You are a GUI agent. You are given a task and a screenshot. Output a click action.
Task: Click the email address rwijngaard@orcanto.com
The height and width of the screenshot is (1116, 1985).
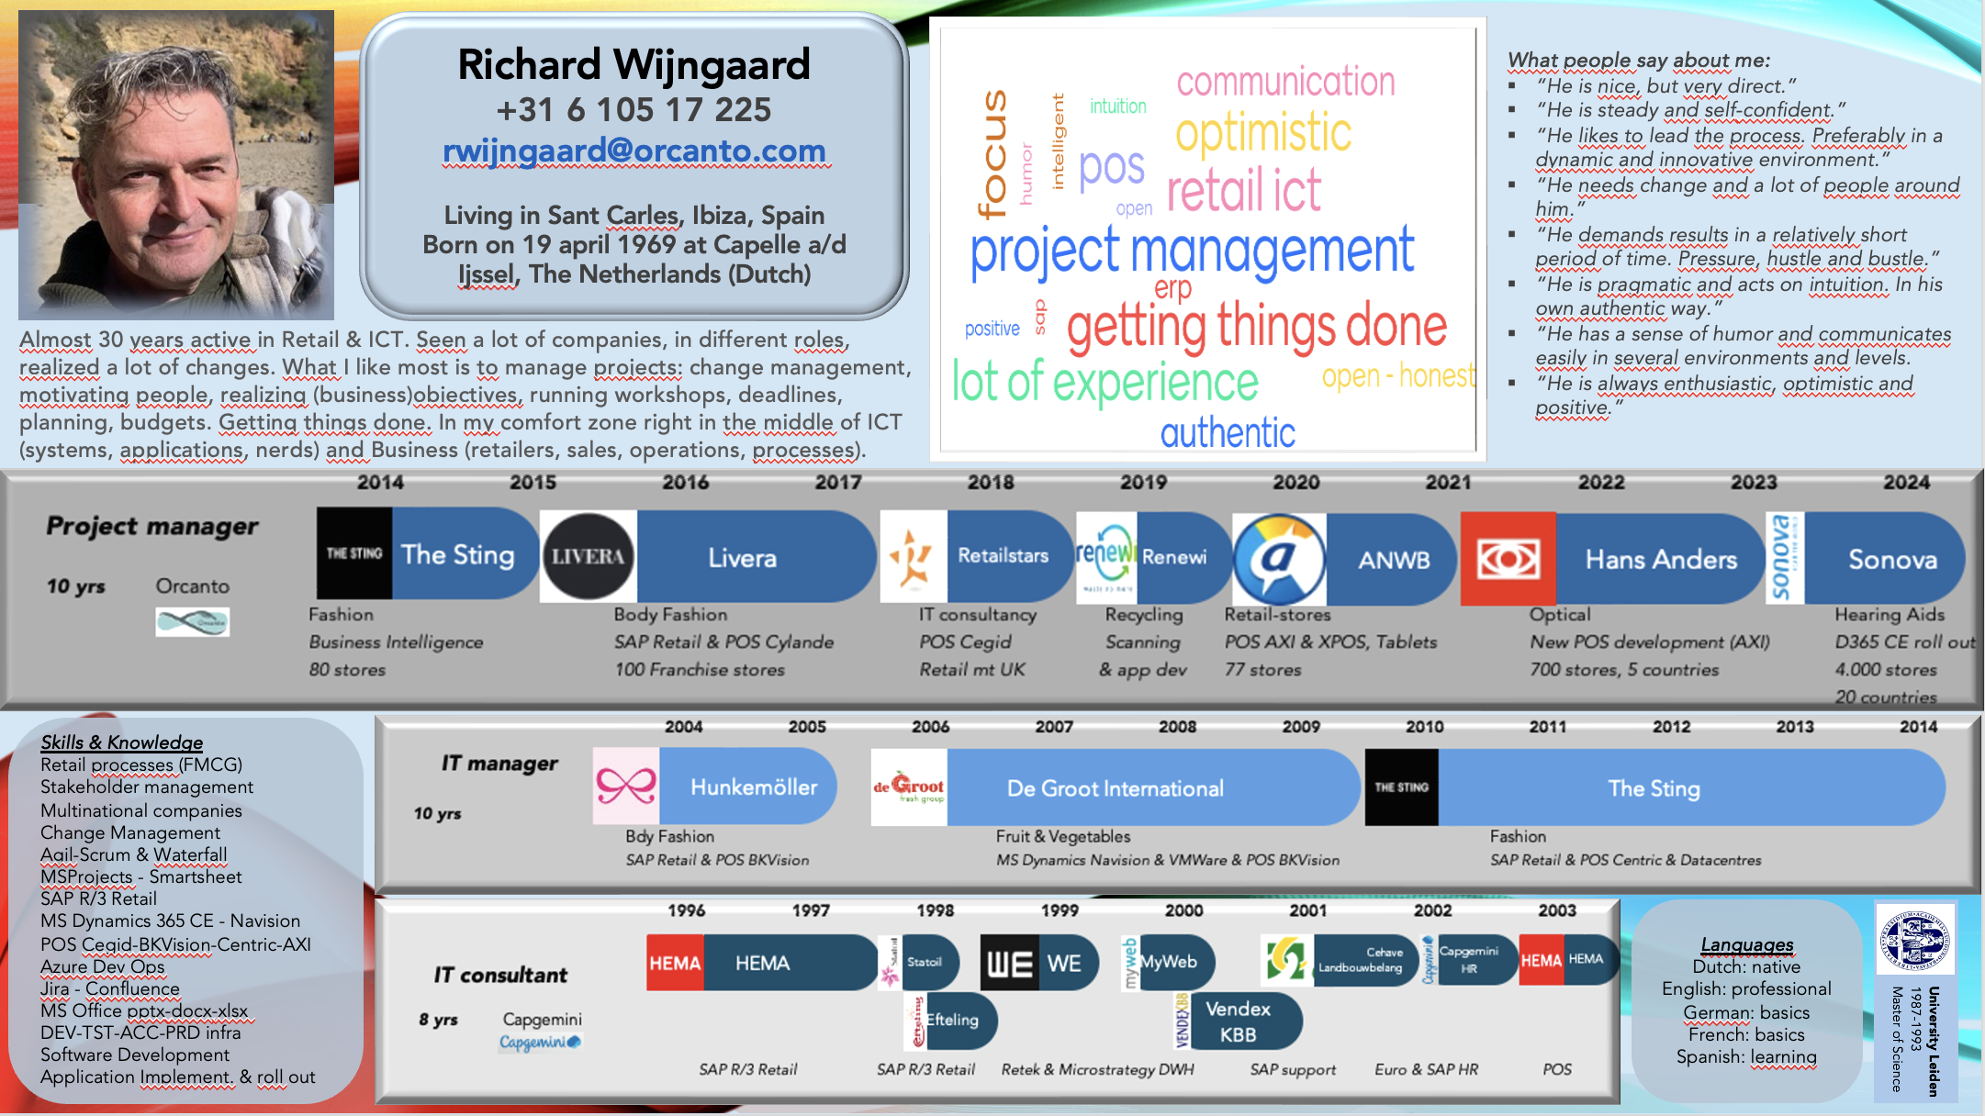point(634,151)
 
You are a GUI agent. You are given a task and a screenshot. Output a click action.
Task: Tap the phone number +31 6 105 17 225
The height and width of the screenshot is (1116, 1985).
point(634,110)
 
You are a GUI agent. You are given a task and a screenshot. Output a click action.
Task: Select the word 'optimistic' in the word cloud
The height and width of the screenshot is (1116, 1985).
point(1263,134)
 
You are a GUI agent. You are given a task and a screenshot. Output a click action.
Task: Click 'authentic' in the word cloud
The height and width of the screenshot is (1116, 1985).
point(1228,433)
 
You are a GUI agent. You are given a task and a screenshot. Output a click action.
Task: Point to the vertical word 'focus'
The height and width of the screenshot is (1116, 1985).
point(993,154)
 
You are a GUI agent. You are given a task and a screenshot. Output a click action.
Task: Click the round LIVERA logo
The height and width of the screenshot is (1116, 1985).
point(588,556)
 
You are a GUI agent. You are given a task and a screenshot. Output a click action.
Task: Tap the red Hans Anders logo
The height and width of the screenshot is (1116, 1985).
point(1508,558)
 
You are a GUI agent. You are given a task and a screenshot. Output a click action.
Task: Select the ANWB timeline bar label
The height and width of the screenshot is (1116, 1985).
point(1394,560)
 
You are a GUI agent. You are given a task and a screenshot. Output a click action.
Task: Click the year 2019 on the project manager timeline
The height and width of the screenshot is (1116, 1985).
point(1143,483)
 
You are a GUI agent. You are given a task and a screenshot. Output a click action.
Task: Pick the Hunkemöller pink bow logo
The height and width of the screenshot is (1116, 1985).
point(626,786)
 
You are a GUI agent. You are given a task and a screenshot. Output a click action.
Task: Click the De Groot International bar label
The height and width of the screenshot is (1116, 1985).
point(1115,788)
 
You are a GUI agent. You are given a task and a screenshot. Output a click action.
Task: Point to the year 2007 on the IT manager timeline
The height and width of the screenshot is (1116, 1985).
point(1054,727)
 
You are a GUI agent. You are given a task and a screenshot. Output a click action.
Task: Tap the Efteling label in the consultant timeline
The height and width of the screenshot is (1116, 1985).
point(952,1020)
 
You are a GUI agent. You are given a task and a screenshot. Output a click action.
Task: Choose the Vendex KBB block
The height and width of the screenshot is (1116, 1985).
point(1238,1021)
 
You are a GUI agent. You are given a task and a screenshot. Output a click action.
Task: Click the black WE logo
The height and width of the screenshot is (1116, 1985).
point(1009,964)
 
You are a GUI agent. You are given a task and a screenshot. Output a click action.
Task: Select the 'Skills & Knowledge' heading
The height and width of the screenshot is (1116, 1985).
point(121,742)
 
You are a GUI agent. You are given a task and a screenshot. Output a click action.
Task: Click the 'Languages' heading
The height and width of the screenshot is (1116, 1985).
point(1746,944)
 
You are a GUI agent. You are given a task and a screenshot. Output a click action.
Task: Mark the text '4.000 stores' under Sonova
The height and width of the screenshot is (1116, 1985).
point(1886,670)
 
